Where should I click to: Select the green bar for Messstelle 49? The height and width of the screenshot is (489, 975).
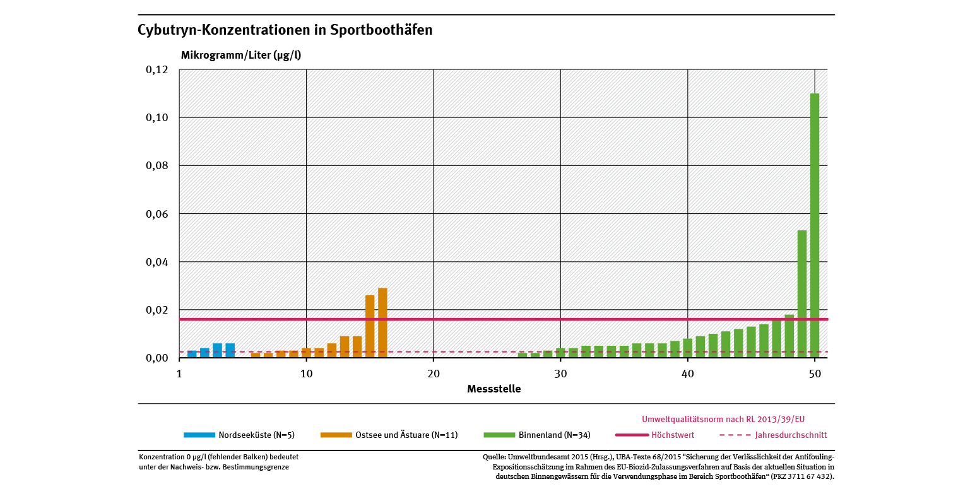802,294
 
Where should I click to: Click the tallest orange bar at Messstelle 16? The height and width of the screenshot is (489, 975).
382,323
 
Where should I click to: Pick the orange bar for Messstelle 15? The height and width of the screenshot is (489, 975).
370,326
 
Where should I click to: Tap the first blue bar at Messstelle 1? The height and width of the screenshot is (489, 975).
192,354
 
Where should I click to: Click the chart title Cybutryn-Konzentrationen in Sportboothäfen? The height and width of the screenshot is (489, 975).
285,30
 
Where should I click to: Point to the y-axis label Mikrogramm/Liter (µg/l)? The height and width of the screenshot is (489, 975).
241,55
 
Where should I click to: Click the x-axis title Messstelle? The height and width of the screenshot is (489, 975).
494,389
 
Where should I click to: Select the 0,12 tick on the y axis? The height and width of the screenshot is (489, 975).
157,69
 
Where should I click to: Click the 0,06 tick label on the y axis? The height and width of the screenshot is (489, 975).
157,214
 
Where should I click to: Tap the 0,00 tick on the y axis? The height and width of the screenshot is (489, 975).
157,358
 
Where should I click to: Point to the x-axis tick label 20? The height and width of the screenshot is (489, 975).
434,374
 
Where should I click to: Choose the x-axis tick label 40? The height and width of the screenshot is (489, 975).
688,374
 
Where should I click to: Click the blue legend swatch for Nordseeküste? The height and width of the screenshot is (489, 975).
199,435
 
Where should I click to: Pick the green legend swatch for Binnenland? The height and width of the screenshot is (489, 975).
499,435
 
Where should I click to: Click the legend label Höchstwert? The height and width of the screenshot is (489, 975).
673,435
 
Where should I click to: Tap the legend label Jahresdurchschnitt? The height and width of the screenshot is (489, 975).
791,435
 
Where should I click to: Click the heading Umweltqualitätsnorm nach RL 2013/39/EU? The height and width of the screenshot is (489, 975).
723,419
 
